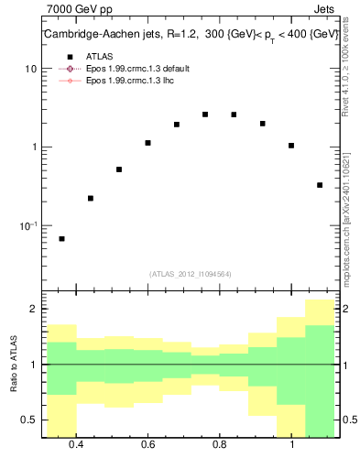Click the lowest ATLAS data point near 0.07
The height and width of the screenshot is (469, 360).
coord(61,239)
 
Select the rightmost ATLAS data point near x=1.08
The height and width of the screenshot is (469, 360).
coord(320,185)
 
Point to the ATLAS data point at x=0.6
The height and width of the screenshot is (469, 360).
coord(147,143)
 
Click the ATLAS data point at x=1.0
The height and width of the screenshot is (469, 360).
coord(291,146)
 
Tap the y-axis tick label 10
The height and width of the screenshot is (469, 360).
coord(30,70)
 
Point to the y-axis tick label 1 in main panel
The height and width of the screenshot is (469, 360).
coord(34,147)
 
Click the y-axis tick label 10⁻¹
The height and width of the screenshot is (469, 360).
coord(28,224)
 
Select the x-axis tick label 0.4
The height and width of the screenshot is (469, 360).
coord(76,445)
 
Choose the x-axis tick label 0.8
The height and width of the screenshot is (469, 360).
coord(220,445)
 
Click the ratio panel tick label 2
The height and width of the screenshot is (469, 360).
coord(33,310)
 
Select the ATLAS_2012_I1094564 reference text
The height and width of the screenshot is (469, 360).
coord(191,273)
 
